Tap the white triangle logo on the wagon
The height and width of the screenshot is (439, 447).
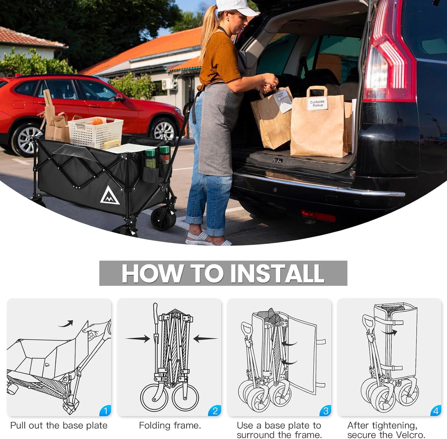pos(110,196)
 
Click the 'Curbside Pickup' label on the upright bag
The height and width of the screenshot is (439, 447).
pos(317,103)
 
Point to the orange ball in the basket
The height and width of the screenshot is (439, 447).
pos(97,121)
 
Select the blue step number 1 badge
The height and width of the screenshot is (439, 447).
pos(105,410)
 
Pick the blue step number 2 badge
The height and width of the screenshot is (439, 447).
pos(215,410)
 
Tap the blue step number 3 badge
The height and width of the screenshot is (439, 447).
pos(325,410)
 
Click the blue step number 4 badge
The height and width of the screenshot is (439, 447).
pos(436,410)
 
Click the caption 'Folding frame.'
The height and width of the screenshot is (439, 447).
pos(170,425)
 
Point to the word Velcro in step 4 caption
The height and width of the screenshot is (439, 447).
pos(408,434)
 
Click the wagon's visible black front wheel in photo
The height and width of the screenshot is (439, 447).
pos(163,219)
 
